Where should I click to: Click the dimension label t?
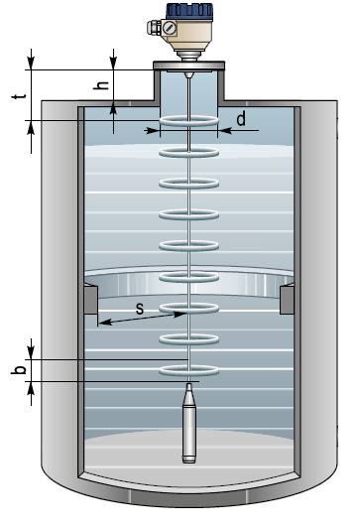(19, 96)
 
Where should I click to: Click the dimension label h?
(101, 85)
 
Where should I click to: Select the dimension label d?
(241, 119)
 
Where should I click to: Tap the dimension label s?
(140, 308)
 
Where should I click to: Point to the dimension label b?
(19, 370)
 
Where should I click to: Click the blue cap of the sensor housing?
(189, 11)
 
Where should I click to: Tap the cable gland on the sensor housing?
(154, 28)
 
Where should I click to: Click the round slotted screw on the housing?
(170, 28)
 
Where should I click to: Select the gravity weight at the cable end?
(189, 423)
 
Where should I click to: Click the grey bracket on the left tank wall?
(90, 300)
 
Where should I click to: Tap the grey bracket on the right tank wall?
(287, 300)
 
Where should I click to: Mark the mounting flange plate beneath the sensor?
(188, 66)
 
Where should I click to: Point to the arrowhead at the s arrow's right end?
(180, 315)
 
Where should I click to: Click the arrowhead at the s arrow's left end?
(105, 323)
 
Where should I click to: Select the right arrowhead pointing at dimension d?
(225, 130)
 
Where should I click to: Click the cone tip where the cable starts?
(188, 74)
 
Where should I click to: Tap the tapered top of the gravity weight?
(189, 395)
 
